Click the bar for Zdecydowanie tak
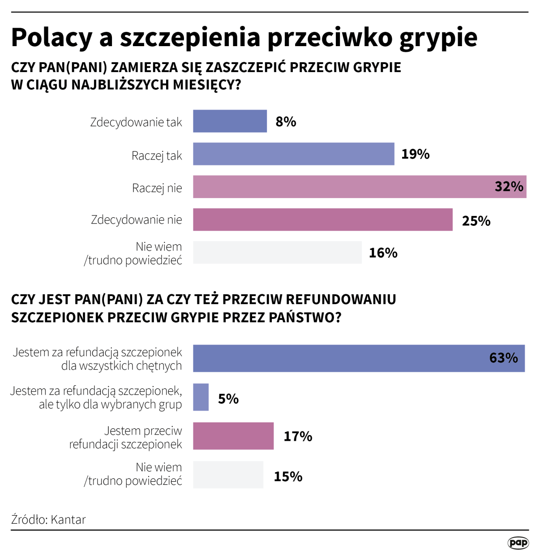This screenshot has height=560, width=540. (230, 121)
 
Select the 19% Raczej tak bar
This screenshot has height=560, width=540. (293, 154)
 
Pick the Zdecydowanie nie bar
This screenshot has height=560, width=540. (322, 220)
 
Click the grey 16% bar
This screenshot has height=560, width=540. (277, 252)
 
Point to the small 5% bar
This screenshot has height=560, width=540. (201, 397)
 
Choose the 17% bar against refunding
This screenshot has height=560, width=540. (233, 436)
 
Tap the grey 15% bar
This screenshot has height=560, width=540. (228, 475)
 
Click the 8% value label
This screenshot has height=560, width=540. (286, 122)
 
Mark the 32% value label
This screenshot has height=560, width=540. (509, 186)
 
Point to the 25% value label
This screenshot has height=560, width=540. (476, 221)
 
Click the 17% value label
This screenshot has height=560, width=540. (298, 436)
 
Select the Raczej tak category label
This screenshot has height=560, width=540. (157, 156)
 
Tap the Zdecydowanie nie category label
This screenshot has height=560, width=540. (137, 220)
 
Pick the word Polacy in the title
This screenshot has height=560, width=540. (51, 38)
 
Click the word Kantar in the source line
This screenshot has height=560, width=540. (68, 520)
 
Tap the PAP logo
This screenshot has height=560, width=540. (518, 543)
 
